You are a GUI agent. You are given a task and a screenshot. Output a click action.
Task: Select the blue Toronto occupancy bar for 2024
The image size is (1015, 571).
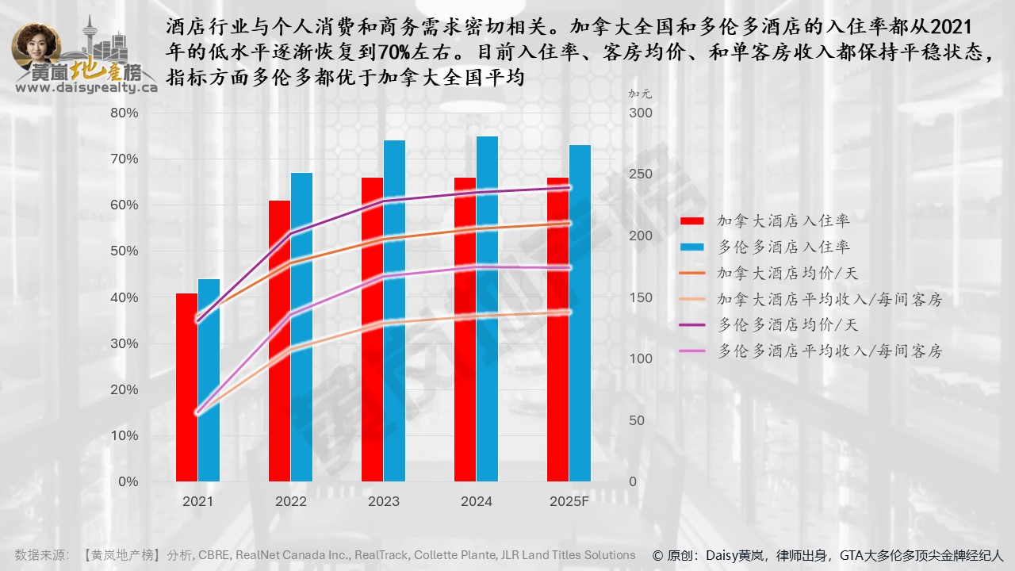tap(487, 309)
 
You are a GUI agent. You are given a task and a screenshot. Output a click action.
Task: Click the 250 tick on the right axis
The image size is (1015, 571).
tap(639, 174)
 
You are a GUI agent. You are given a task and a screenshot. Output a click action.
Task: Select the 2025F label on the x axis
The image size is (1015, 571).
tap(569, 501)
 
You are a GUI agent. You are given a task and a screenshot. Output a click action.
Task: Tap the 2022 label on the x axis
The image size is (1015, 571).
tap(290, 501)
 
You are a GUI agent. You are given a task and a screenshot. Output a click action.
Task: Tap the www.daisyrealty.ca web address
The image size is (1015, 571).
tap(86, 88)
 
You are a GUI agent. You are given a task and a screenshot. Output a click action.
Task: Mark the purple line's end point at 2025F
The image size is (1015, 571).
tap(569, 188)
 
